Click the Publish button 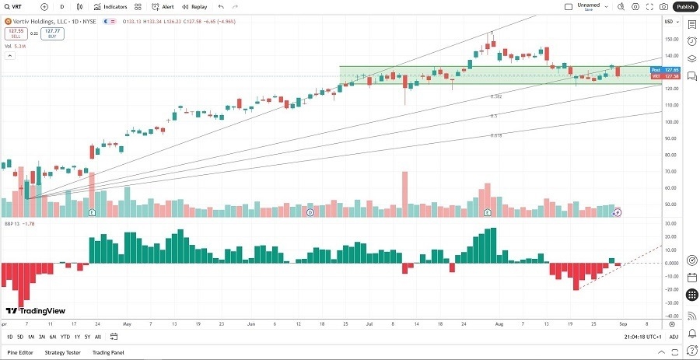pyautogui.click(x=684, y=6)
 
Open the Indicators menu pyautogui.click(x=111, y=6)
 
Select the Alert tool pyautogui.click(x=163, y=6)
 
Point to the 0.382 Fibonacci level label pyautogui.click(x=495, y=96)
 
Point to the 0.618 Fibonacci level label pyautogui.click(x=495, y=135)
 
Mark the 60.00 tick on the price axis pyautogui.click(x=670, y=187)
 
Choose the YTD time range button pyautogui.click(x=65, y=337)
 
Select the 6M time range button pyautogui.click(x=52, y=337)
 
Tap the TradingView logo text pyautogui.click(x=36, y=309)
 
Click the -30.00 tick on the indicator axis pyautogui.click(x=670, y=302)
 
